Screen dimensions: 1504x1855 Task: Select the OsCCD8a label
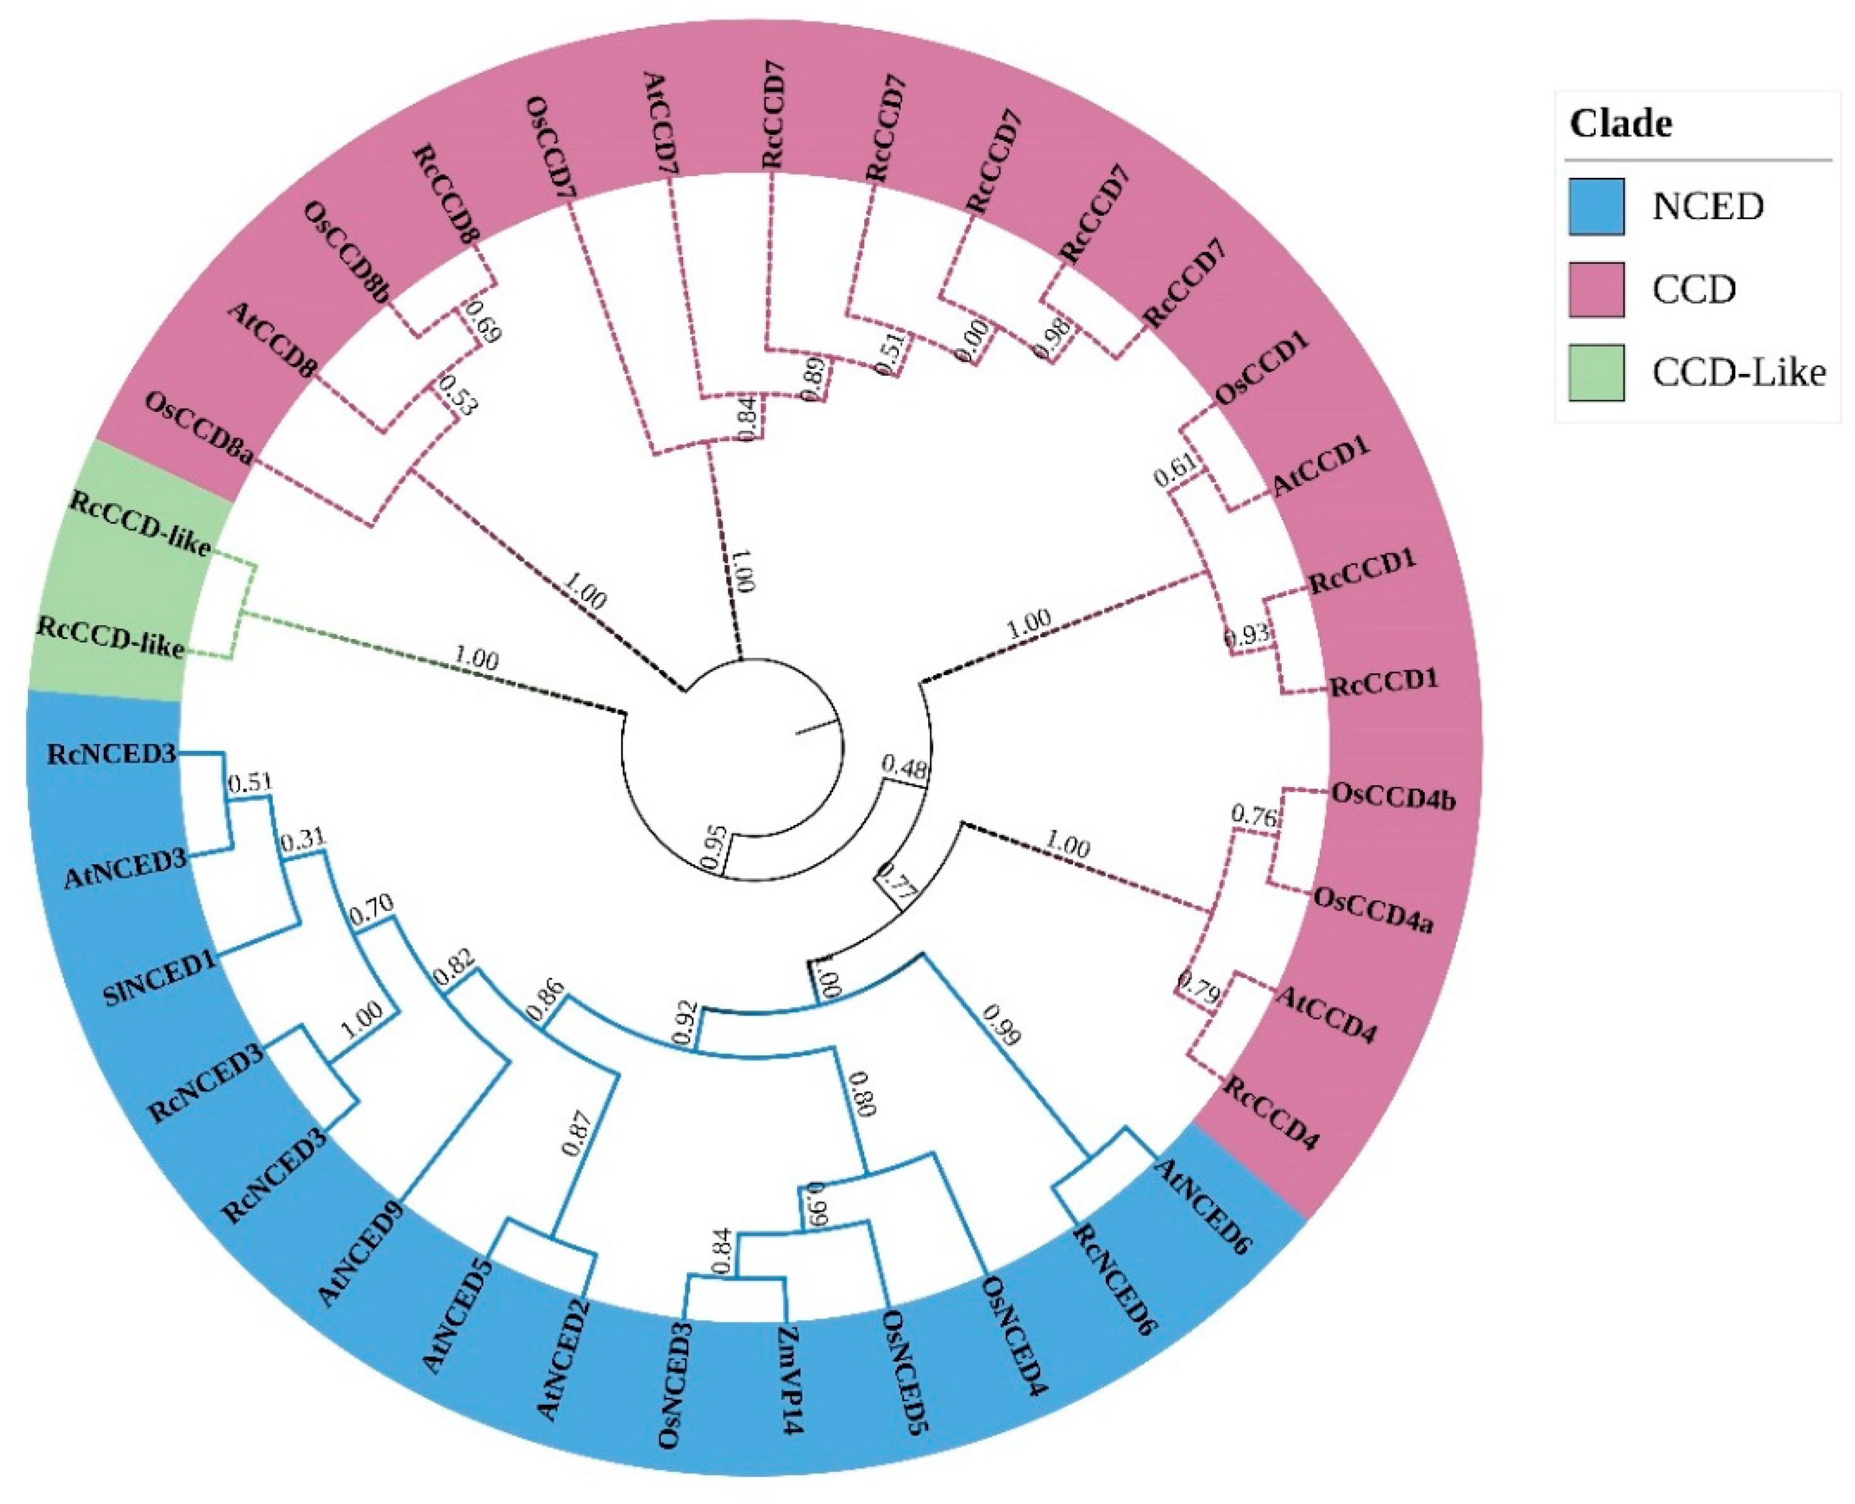[x=199, y=428]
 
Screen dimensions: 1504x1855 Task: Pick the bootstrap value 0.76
[x=1254, y=815]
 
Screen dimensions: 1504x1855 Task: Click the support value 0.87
[x=578, y=1133]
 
